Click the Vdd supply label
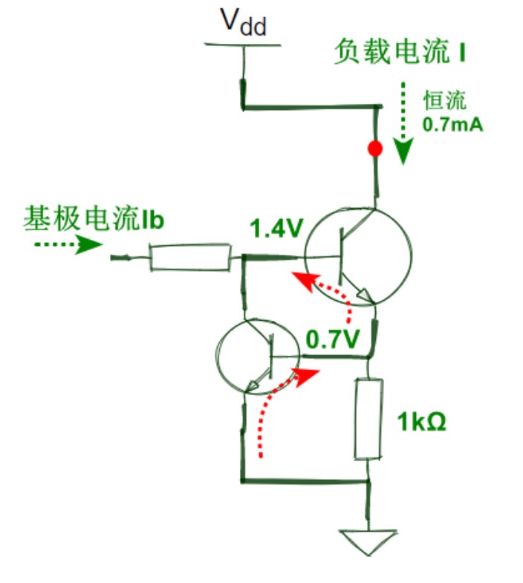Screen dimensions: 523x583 (x=244, y=22)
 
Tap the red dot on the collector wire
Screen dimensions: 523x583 (x=374, y=149)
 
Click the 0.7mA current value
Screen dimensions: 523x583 (x=452, y=125)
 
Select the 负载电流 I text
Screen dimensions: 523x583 (x=400, y=52)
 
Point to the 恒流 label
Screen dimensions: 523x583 (x=445, y=100)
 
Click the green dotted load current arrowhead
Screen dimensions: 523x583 (x=403, y=151)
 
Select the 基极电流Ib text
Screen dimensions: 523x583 (x=94, y=218)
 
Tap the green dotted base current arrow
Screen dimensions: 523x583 (x=68, y=244)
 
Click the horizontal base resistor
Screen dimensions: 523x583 (x=189, y=257)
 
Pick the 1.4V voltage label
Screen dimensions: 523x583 (x=276, y=228)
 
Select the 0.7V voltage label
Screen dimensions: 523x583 (x=333, y=339)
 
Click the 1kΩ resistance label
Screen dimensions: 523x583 (x=421, y=422)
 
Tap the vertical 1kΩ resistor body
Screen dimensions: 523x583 (x=368, y=419)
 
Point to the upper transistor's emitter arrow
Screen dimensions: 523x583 (x=365, y=296)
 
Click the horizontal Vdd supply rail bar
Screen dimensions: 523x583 (x=242, y=45)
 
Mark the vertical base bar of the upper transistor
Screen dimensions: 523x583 (x=340, y=256)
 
